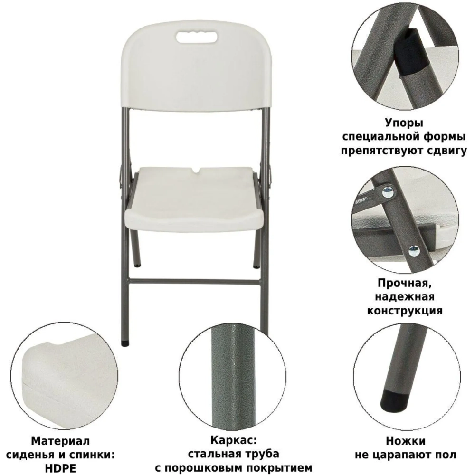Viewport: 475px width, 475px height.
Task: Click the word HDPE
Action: pos(61,468)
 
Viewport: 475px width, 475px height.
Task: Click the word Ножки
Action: pos(406,441)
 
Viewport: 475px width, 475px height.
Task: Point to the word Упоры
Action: pos(404,123)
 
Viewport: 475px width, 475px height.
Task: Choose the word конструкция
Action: pos(405,311)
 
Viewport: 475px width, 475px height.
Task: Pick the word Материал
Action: pos(61,441)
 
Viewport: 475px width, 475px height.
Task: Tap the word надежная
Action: pos(405,297)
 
